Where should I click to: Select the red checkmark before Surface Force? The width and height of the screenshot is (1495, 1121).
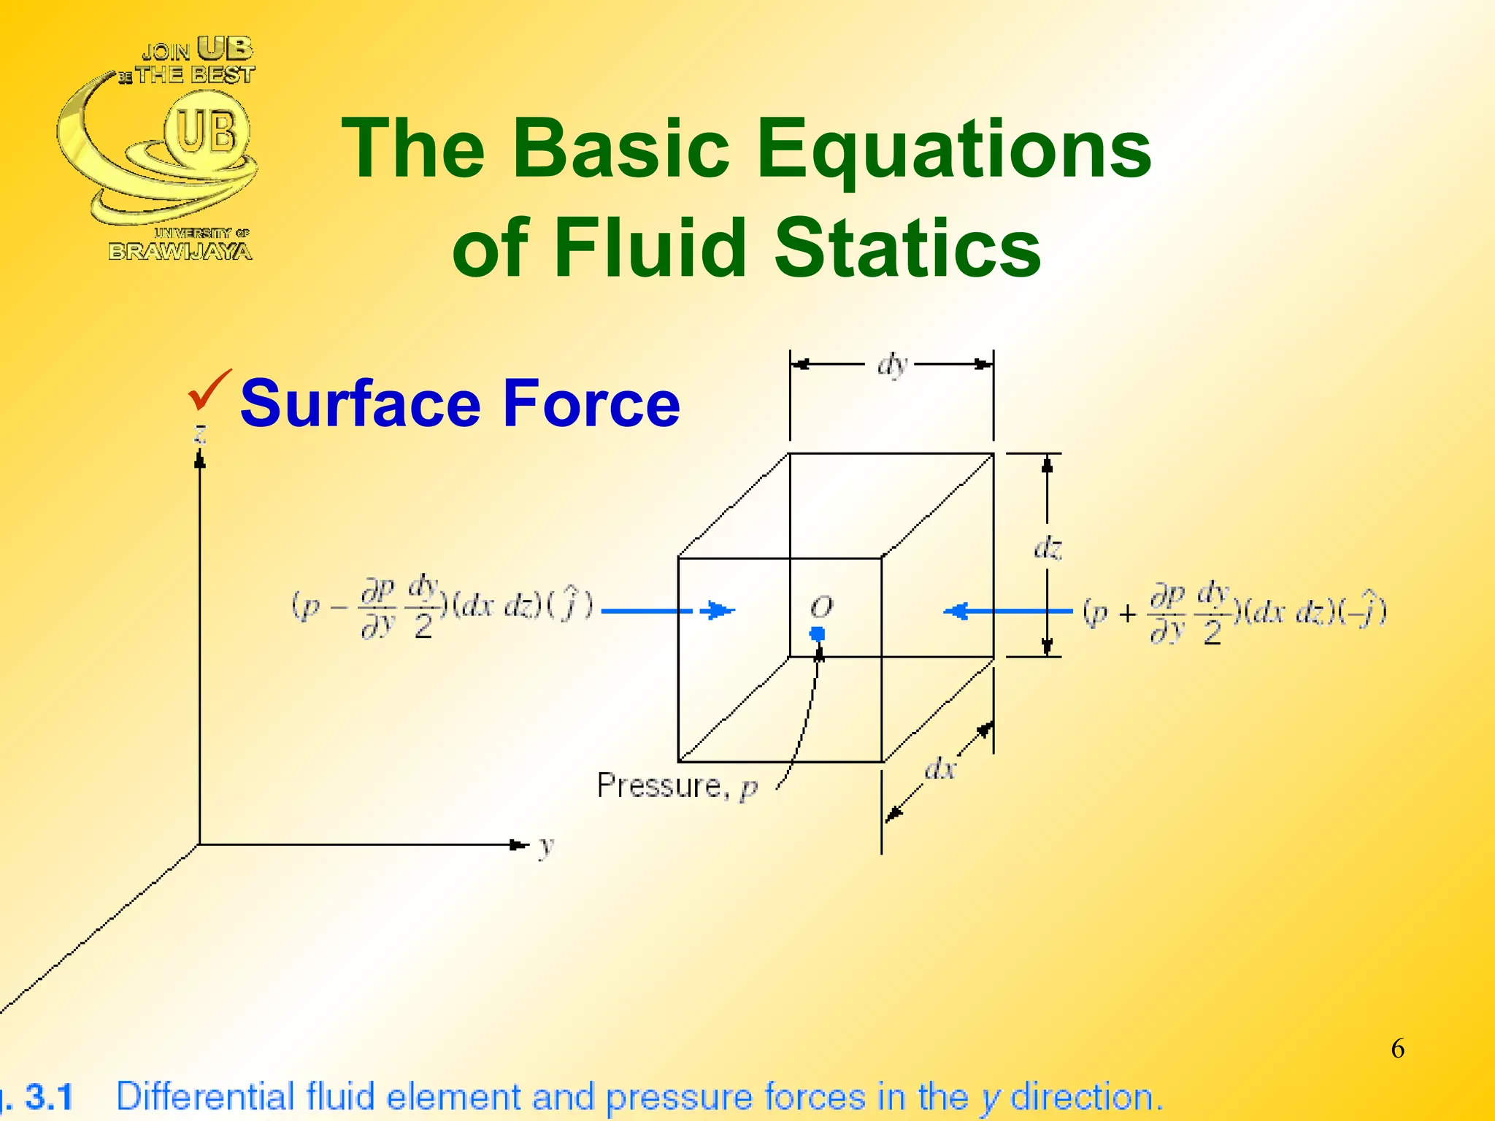click(209, 390)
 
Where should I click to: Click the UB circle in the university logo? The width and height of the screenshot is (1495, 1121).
click(207, 132)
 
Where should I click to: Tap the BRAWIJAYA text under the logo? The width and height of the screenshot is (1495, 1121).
click(180, 252)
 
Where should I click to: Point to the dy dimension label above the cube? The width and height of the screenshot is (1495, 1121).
click(892, 363)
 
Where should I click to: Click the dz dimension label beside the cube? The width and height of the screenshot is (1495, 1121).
click(1048, 547)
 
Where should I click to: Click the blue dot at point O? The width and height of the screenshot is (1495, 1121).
click(818, 633)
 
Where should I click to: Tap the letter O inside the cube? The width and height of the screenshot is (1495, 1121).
click(821, 606)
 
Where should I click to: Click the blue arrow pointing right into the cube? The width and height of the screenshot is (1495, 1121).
click(668, 610)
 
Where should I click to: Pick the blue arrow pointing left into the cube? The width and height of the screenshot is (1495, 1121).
click(1007, 611)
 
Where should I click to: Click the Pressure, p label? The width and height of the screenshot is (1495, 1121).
click(677, 786)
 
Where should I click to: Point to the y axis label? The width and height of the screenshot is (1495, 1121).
click(546, 846)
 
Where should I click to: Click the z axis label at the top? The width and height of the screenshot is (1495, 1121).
click(199, 434)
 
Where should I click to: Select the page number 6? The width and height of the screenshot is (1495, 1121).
click(1397, 1048)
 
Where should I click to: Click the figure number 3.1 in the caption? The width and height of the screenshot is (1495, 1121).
click(49, 1097)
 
